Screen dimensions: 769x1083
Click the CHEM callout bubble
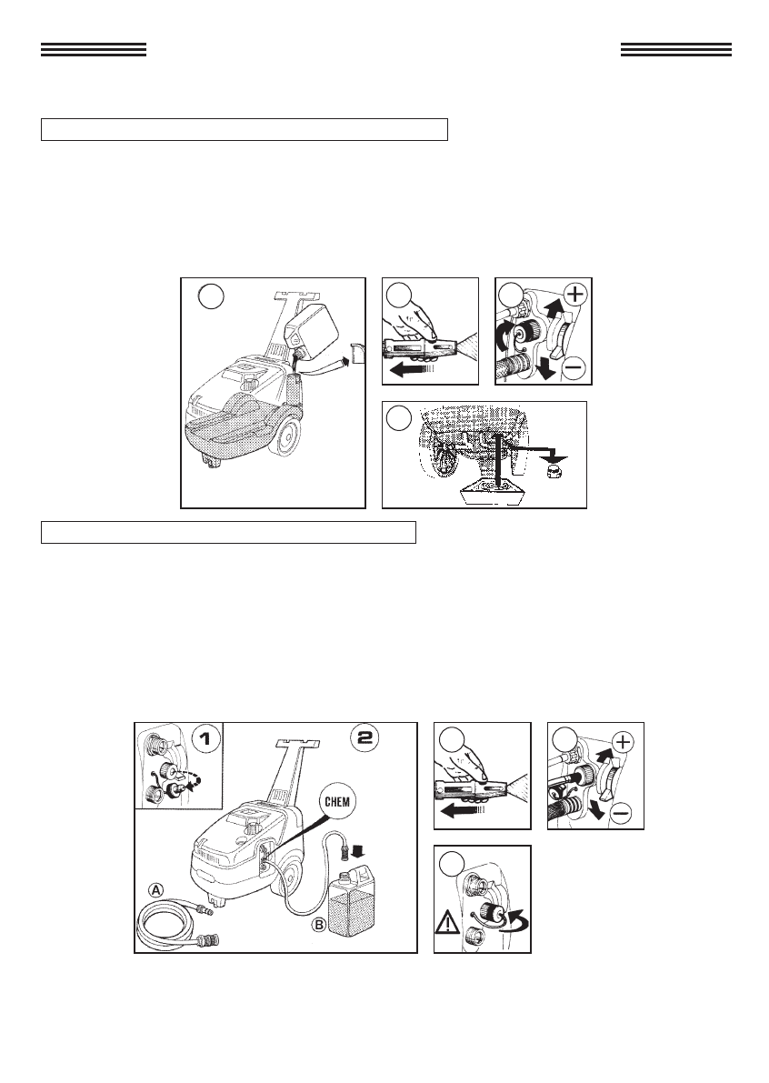coord(337,802)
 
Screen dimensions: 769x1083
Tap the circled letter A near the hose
coord(157,891)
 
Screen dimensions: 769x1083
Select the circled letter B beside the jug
coord(318,924)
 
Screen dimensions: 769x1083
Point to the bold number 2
coord(364,737)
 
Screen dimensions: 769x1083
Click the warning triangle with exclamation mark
coord(446,921)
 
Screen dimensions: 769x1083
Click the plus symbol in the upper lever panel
coord(575,295)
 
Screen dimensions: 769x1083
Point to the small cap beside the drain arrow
coord(553,472)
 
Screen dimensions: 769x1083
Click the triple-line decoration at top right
coord(675,49)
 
